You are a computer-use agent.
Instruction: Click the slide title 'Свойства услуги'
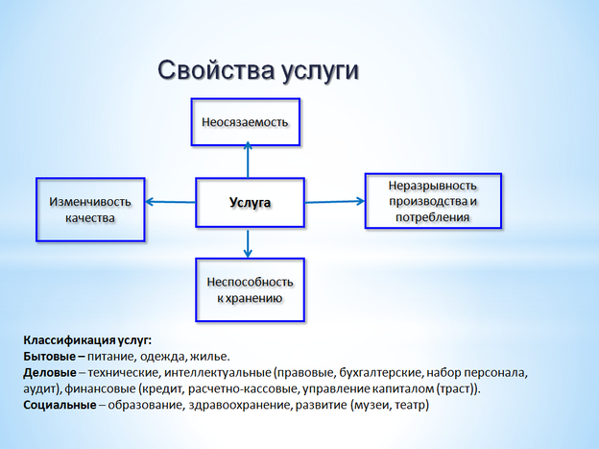click(x=257, y=73)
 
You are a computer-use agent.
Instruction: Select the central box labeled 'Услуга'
click(x=249, y=203)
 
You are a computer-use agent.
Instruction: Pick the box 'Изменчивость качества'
click(x=90, y=210)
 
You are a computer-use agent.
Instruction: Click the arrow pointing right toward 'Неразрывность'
click(x=333, y=201)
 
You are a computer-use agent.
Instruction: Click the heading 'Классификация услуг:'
click(x=87, y=339)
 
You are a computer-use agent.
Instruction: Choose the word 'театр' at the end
click(x=409, y=405)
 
